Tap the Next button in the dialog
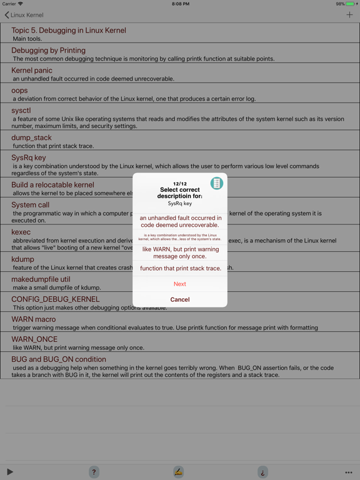[x=180, y=284]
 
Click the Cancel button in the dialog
[x=180, y=299]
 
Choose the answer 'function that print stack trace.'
[x=180, y=268]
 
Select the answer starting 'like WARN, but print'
[x=180, y=252]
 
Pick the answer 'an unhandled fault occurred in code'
[x=180, y=221]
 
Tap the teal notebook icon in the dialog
[x=216, y=183]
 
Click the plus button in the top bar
[x=349, y=15]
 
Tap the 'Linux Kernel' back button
[x=24, y=15]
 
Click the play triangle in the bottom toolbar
[x=10, y=472]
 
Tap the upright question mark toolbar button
[x=94, y=472]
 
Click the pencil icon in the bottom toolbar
[x=178, y=472]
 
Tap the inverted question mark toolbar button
[x=262, y=472]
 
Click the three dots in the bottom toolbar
[x=349, y=472]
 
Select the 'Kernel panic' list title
[x=32, y=71]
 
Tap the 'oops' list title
[x=19, y=91]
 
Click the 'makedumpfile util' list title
[x=41, y=279]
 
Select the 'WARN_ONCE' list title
[x=34, y=339]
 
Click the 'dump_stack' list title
[x=31, y=137]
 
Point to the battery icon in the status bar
[x=351, y=4]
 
